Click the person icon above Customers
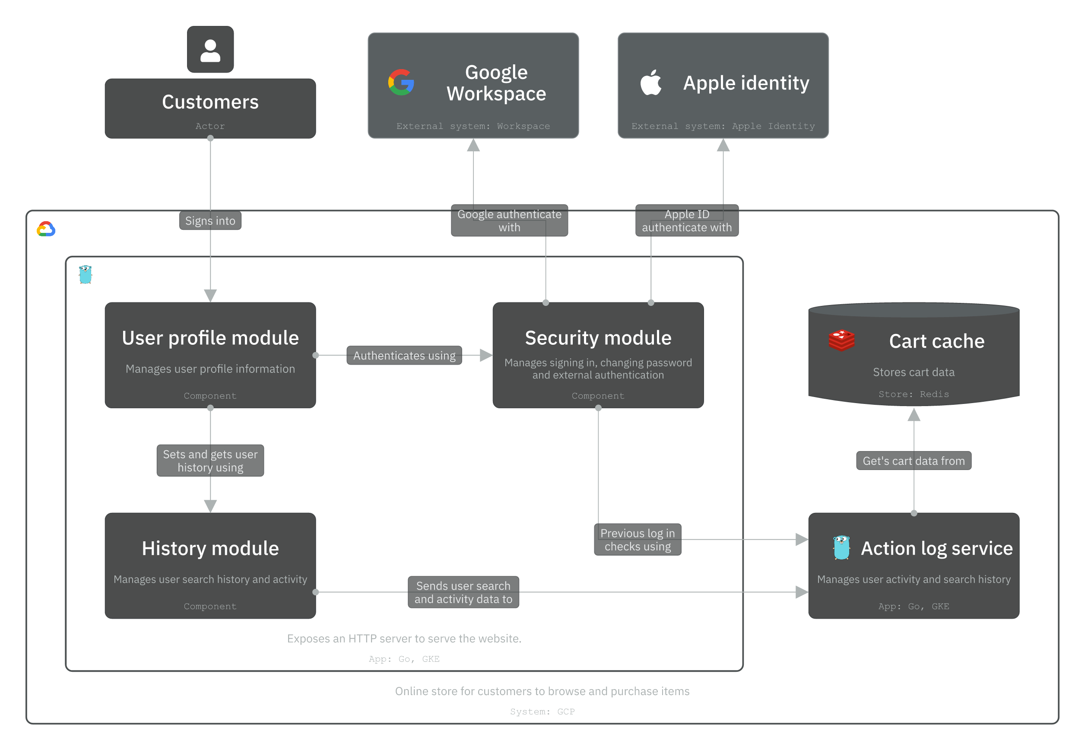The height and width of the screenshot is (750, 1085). (x=210, y=50)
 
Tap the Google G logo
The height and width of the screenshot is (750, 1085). (x=401, y=82)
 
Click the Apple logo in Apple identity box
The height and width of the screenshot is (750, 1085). (x=650, y=82)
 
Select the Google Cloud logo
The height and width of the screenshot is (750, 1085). (x=46, y=229)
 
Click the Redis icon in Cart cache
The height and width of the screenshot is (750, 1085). (x=841, y=341)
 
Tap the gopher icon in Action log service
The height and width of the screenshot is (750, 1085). (x=841, y=547)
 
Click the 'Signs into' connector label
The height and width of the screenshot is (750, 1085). (x=210, y=221)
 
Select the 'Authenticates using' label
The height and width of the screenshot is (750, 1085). (x=404, y=356)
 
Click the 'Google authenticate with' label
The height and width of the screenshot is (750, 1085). (x=509, y=220)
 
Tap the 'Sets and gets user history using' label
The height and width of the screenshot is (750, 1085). (x=210, y=461)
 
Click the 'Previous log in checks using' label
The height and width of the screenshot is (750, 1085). (x=638, y=540)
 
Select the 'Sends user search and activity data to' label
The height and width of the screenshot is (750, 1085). (x=463, y=592)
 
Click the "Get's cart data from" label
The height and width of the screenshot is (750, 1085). (x=913, y=461)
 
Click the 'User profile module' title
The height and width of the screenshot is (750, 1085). (x=210, y=338)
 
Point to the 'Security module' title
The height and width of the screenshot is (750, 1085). (x=598, y=338)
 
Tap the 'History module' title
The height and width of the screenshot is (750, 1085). (x=210, y=548)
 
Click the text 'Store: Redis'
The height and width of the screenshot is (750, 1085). (x=913, y=394)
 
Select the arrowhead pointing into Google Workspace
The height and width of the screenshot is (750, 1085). (x=473, y=145)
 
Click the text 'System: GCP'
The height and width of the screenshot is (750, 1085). (x=542, y=712)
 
